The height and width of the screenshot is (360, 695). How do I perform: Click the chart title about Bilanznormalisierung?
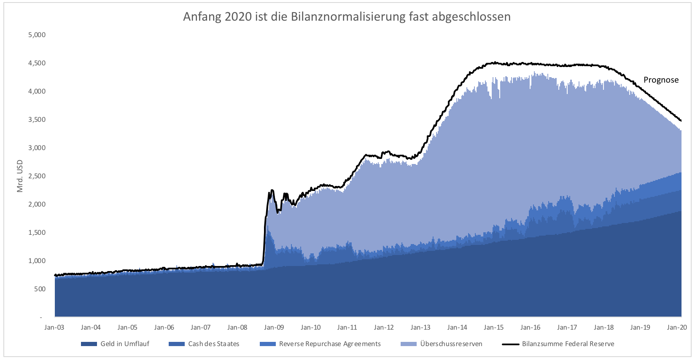pos(347,17)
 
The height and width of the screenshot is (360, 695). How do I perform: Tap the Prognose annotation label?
pos(661,80)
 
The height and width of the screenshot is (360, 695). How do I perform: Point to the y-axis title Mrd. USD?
pos(20,176)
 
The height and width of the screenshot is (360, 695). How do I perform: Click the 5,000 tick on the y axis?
pos(37,35)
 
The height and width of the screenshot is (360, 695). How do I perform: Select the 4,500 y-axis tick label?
pos(37,63)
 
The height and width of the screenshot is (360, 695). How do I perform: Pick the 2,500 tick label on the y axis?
pos(37,176)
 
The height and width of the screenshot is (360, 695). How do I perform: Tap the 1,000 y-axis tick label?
pos(37,261)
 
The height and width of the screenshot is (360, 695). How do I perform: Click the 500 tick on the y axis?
pos(40,289)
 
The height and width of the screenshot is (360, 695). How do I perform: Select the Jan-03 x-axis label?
pos(54,328)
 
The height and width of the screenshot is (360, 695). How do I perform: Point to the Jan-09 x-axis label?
pos(274,328)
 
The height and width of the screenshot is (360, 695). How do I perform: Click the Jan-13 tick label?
pos(420,328)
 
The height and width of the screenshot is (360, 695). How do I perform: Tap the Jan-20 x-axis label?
pos(677,328)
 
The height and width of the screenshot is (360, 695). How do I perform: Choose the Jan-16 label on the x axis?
pos(531,328)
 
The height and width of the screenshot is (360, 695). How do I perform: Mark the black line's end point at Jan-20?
pos(681,121)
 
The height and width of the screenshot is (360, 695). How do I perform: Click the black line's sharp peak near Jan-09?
pos(272,190)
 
